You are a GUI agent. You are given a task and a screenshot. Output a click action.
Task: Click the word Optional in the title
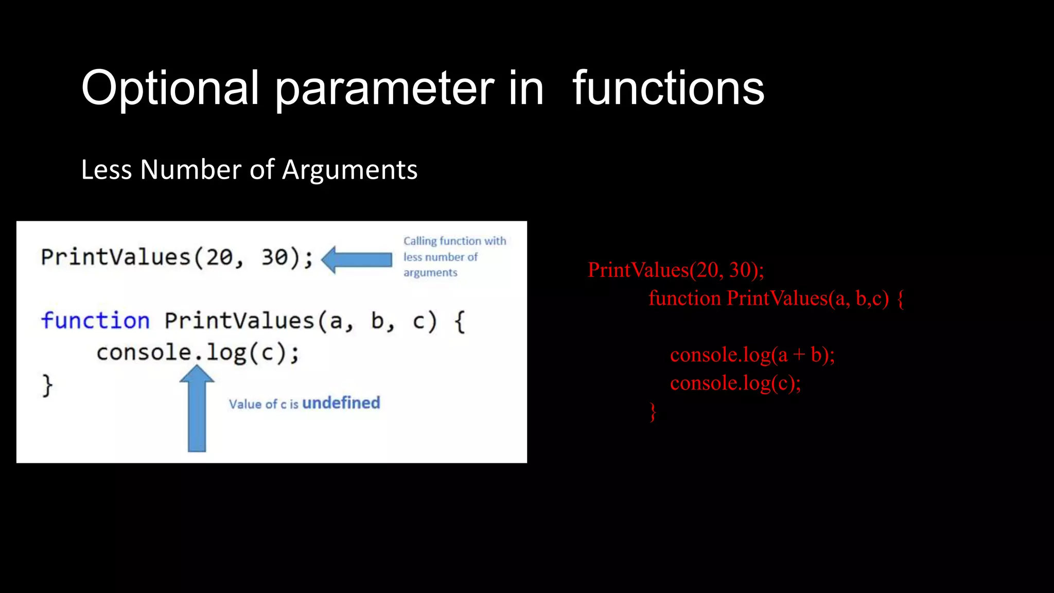(170, 89)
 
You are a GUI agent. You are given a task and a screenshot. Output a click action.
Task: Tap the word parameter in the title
(384, 89)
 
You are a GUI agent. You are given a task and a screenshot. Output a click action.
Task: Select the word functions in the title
(668, 89)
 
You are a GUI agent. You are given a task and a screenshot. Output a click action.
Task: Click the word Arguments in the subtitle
(349, 170)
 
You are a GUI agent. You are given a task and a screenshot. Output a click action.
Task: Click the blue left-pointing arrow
(357, 259)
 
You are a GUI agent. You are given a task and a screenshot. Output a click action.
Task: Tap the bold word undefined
(341, 403)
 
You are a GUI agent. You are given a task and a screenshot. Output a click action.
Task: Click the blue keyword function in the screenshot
(95, 321)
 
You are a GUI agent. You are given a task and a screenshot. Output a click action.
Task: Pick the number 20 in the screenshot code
(219, 257)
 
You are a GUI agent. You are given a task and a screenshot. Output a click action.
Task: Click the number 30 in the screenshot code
(274, 257)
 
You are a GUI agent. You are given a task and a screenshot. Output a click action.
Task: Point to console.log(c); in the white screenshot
(198, 353)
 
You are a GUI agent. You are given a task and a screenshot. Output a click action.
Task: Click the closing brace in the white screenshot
(47, 385)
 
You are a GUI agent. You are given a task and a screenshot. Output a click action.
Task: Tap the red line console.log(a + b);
(752, 355)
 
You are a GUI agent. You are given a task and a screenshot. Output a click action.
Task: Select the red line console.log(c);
(735, 383)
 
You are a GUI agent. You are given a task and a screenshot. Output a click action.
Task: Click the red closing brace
(653, 412)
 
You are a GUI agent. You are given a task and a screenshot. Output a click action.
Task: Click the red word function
(684, 299)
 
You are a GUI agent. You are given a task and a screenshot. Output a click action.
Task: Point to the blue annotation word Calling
(419, 241)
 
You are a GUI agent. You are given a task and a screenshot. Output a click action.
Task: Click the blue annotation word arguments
(430, 273)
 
